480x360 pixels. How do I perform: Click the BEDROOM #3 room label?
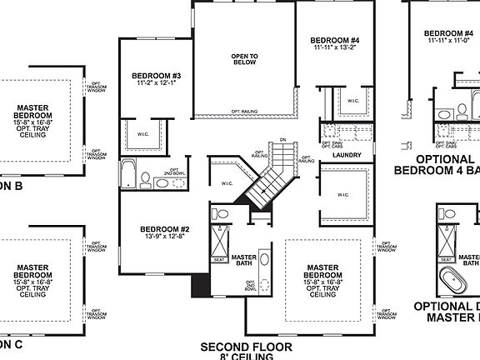(x=152, y=76)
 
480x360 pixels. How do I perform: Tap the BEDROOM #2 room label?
(x=165, y=229)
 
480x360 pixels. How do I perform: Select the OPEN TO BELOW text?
(x=244, y=59)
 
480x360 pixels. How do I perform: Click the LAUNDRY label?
(x=347, y=156)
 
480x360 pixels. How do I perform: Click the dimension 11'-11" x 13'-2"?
(x=334, y=49)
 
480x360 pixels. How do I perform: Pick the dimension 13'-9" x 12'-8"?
(x=165, y=237)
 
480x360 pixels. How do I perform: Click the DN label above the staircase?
(x=282, y=140)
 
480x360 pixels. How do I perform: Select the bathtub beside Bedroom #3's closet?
(x=127, y=174)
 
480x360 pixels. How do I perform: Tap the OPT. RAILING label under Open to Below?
(x=244, y=112)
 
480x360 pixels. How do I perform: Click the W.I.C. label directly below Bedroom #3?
(x=143, y=133)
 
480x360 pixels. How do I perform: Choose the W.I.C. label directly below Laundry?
(x=343, y=196)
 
